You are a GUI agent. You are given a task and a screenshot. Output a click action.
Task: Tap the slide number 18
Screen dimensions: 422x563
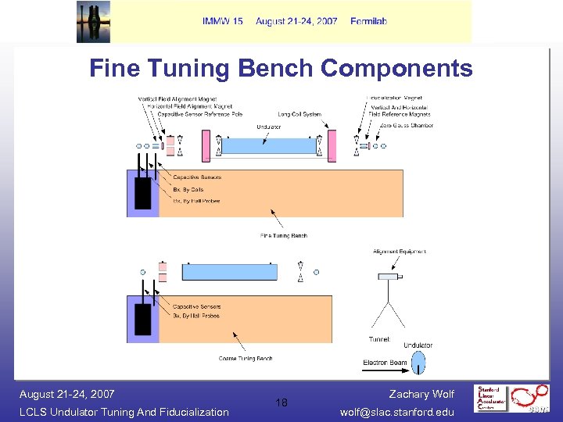pos(281,402)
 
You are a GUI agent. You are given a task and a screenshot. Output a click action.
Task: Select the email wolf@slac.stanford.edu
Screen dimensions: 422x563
pos(398,412)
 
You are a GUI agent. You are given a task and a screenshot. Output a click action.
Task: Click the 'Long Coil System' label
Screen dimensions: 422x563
pos(299,115)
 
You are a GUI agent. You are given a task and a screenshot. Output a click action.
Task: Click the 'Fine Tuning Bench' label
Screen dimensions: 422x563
pos(284,235)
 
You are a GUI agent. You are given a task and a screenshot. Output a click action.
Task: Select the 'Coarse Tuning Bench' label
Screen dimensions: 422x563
pos(246,359)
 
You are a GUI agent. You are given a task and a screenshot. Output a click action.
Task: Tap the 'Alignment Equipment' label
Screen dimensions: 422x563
pos(400,252)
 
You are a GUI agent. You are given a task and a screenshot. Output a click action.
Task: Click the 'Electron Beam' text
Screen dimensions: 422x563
pos(384,362)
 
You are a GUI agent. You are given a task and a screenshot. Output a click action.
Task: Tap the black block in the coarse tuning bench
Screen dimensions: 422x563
pos(143,320)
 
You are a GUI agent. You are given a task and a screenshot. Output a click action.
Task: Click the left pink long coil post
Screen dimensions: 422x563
pos(206,146)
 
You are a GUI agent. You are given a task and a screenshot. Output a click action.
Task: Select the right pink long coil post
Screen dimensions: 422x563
pos(332,146)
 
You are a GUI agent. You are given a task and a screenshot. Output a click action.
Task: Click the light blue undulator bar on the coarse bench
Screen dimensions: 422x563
pos(229,272)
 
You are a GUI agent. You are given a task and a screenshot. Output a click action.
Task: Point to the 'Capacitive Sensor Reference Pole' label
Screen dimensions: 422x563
pos(199,114)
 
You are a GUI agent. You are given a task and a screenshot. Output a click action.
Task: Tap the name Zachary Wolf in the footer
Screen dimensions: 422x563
pos(421,394)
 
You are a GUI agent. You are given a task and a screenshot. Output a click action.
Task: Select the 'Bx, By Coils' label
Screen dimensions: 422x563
pos(188,189)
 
